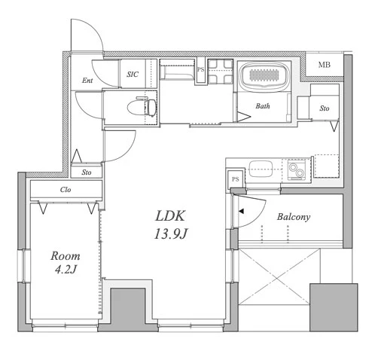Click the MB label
pyautogui.click(x=324, y=65)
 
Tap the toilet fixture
pyautogui.click(x=142, y=107)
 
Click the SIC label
pyautogui.click(x=133, y=74)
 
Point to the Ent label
pyautogui.click(x=87, y=81)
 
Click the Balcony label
pyautogui.click(x=294, y=217)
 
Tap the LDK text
pyautogui.click(x=170, y=216)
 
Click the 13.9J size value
pyautogui.click(x=170, y=234)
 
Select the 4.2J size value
pyautogui.click(x=66, y=270)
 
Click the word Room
pyautogui.click(x=66, y=256)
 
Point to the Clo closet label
pyautogui.click(x=66, y=190)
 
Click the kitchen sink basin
pyautogui.click(x=261, y=169)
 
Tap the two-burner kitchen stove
pyautogui.click(x=296, y=169)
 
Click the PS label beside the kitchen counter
pyautogui.click(x=235, y=179)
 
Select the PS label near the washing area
pyautogui.click(x=200, y=69)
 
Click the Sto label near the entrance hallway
pyautogui.click(x=87, y=172)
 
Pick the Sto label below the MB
pyautogui.click(x=325, y=108)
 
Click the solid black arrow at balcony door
pyautogui.click(x=241, y=212)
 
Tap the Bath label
pyautogui.click(x=263, y=106)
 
